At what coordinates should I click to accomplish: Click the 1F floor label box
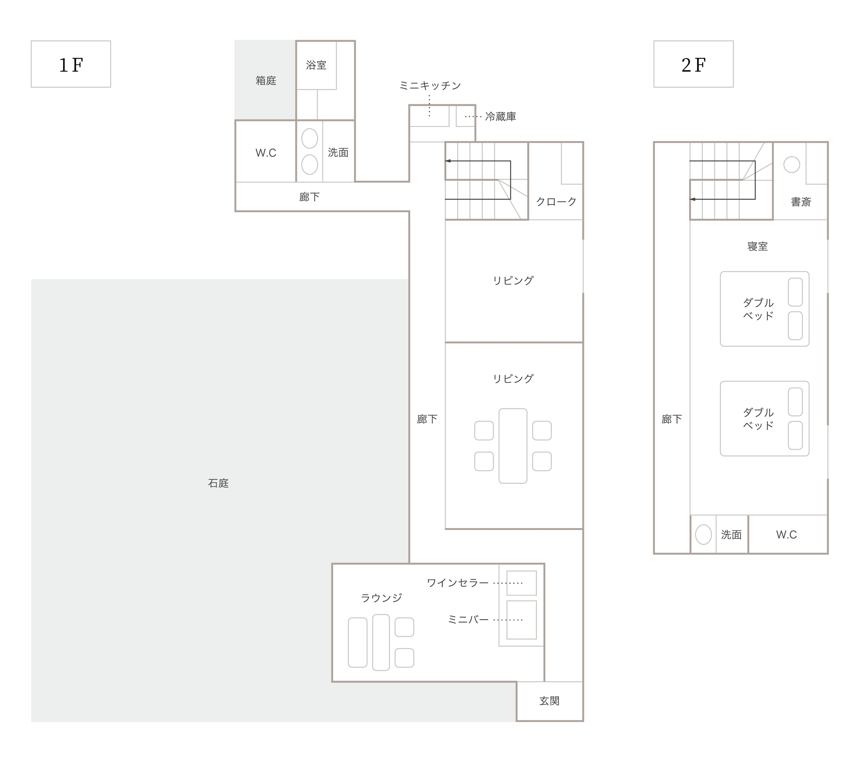click(71, 64)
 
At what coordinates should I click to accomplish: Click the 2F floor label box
click(693, 64)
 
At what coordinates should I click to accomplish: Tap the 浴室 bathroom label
click(316, 65)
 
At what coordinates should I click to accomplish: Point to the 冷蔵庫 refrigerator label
click(500, 117)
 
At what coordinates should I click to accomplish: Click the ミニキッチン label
click(430, 86)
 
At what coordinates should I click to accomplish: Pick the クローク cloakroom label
click(556, 202)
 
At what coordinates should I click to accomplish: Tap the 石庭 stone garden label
click(218, 483)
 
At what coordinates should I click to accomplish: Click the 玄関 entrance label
click(549, 701)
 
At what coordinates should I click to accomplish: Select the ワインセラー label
click(458, 583)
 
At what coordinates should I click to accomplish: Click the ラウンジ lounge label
click(381, 598)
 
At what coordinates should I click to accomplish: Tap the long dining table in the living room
click(513, 446)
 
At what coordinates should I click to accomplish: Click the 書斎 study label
click(801, 202)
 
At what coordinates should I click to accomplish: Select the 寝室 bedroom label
click(757, 247)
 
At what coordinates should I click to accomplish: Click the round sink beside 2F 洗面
click(703, 535)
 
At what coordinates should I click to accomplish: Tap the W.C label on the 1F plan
click(265, 153)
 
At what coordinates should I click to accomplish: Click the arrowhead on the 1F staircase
click(448, 161)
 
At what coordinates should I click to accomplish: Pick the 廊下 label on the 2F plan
click(672, 419)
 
